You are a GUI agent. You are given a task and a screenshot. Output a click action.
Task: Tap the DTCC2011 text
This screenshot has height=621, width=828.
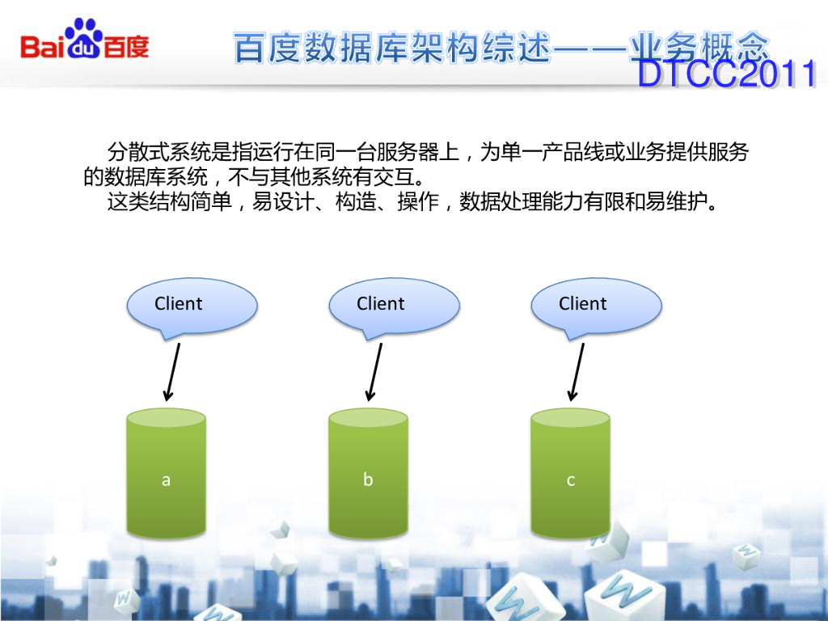pos(726,75)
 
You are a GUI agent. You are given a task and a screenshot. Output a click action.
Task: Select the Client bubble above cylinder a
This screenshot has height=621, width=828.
pos(191,305)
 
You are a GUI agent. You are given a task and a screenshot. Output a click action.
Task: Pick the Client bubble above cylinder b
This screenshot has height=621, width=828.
pos(394,305)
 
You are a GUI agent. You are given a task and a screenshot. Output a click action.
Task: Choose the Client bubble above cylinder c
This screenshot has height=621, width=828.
pos(596,305)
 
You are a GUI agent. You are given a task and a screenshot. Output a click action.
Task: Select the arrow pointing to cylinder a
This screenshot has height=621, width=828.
pos(172,371)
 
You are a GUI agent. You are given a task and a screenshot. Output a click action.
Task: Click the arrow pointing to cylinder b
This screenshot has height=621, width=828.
pos(374,371)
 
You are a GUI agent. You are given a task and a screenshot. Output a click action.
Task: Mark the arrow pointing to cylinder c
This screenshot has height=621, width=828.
pos(577,371)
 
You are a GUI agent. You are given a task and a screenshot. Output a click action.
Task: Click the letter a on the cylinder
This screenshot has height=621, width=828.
pos(166,479)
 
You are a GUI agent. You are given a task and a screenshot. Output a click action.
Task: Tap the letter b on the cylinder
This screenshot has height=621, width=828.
pos(368,479)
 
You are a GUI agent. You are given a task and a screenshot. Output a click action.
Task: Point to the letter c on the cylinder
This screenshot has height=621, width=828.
pos(570,480)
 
